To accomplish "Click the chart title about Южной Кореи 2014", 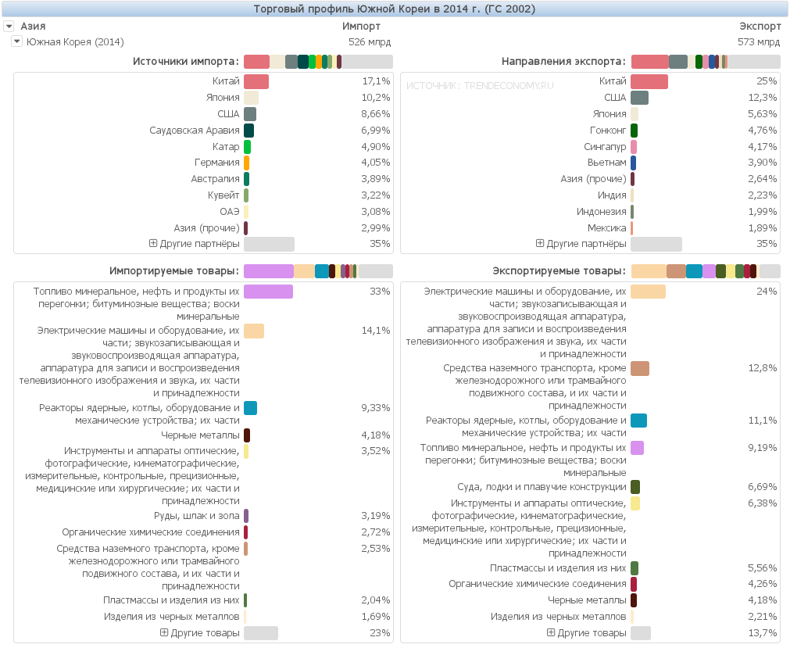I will click(395, 9).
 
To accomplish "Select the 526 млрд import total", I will click(370, 42).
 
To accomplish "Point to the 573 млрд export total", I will click(758, 42).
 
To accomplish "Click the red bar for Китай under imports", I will click(256, 81).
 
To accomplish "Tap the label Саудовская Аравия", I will click(195, 131).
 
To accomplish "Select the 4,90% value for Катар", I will click(375, 147).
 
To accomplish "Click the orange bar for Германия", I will click(247, 163).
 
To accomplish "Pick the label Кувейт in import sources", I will click(223, 195).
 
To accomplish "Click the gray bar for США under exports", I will click(639, 98).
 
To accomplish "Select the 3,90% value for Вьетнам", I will click(762, 163).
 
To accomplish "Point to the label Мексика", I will click(607, 228).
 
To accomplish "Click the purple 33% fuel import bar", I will click(268, 292).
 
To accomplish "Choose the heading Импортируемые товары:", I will click(174, 271).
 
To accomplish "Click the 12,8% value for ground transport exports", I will click(762, 368).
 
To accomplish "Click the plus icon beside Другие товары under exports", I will click(551, 632).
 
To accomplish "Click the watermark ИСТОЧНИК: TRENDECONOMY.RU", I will click(480, 85).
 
